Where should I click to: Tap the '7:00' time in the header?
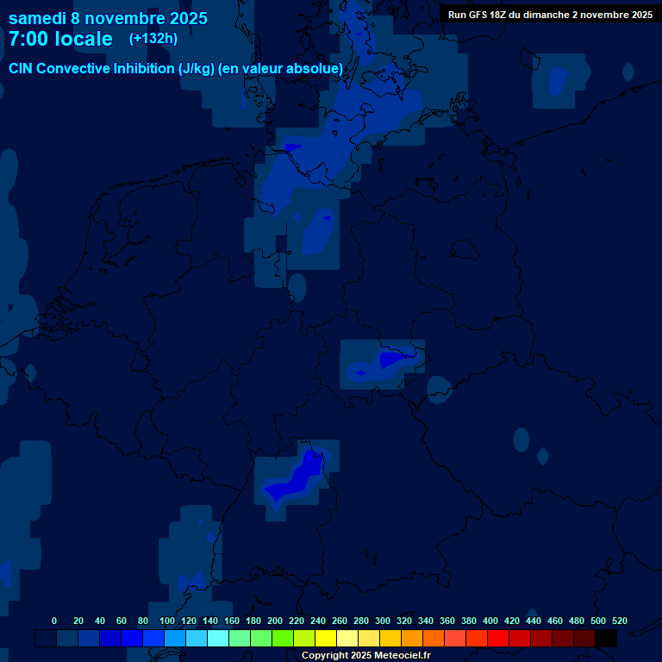pos(29,39)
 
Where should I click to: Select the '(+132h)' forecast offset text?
pos(153,38)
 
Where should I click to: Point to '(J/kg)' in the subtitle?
pos(197,68)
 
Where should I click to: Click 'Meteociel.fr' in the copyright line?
pos(398,655)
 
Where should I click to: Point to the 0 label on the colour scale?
pos(54,621)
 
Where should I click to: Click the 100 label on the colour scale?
pos(167,621)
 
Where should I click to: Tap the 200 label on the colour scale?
pos(275,621)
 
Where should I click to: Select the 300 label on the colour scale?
pos(383,621)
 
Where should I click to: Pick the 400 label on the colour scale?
pos(490,621)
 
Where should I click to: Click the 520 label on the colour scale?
pos(620,621)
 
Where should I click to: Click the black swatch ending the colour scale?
pos(605,638)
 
